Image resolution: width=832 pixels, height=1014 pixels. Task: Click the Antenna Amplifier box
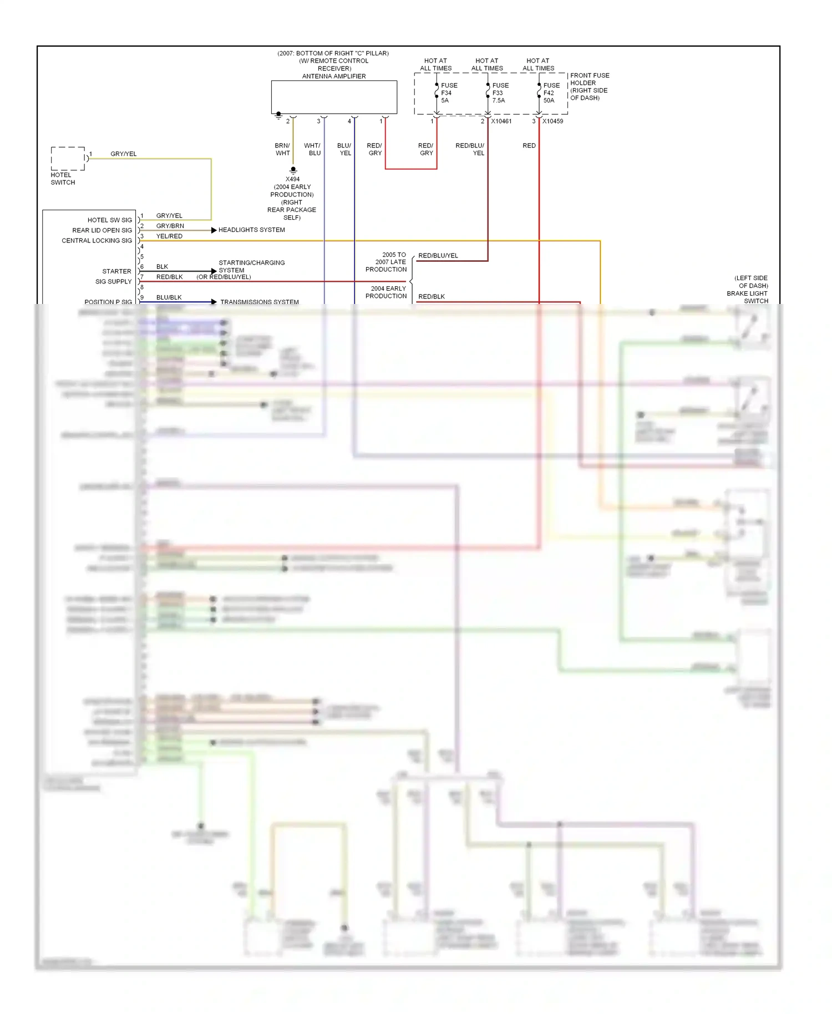(x=334, y=97)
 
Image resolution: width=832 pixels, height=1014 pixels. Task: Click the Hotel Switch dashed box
(x=68, y=159)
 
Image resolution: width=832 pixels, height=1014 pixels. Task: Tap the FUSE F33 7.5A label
(x=499, y=93)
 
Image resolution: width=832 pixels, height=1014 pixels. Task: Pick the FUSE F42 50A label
(x=551, y=93)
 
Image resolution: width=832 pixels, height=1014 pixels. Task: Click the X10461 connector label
(x=501, y=121)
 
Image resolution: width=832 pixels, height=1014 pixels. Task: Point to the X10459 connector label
(x=552, y=121)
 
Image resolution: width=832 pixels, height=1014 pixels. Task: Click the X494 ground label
(x=292, y=179)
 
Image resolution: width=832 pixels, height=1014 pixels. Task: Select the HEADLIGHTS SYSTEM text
(x=251, y=230)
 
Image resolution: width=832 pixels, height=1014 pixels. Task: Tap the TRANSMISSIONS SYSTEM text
(x=259, y=302)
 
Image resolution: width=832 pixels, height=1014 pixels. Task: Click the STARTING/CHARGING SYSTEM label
(x=251, y=267)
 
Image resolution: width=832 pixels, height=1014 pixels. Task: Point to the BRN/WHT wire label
(x=282, y=150)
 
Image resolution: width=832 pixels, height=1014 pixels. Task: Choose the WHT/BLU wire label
(x=313, y=150)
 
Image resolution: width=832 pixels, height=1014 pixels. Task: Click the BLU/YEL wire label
(x=344, y=150)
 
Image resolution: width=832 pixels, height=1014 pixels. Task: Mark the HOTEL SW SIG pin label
(x=110, y=220)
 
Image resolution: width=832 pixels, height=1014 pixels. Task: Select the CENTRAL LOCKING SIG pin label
(x=97, y=241)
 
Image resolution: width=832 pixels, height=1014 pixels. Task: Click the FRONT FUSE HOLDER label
(x=590, y=87)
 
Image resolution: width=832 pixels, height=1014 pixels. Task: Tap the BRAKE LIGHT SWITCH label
(x=747, y=297)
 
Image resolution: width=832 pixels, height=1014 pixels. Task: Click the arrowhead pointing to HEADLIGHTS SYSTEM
(x=214, y=230)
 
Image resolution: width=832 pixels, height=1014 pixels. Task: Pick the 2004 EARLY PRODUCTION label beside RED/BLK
(x=386, y=292)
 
